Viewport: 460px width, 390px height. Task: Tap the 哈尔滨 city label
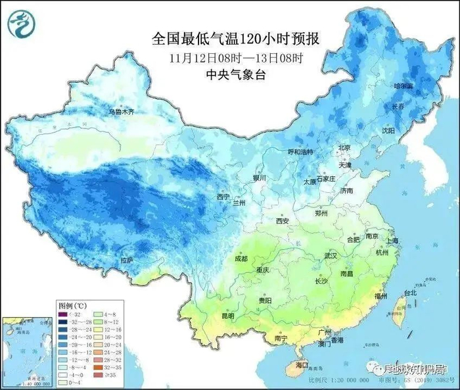[403, 86]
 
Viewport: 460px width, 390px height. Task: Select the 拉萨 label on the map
[126, 260]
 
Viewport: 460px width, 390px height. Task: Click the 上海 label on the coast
[392, 241]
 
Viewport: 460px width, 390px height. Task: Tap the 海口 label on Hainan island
[302, 364]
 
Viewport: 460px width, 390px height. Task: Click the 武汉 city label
[331, 255]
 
